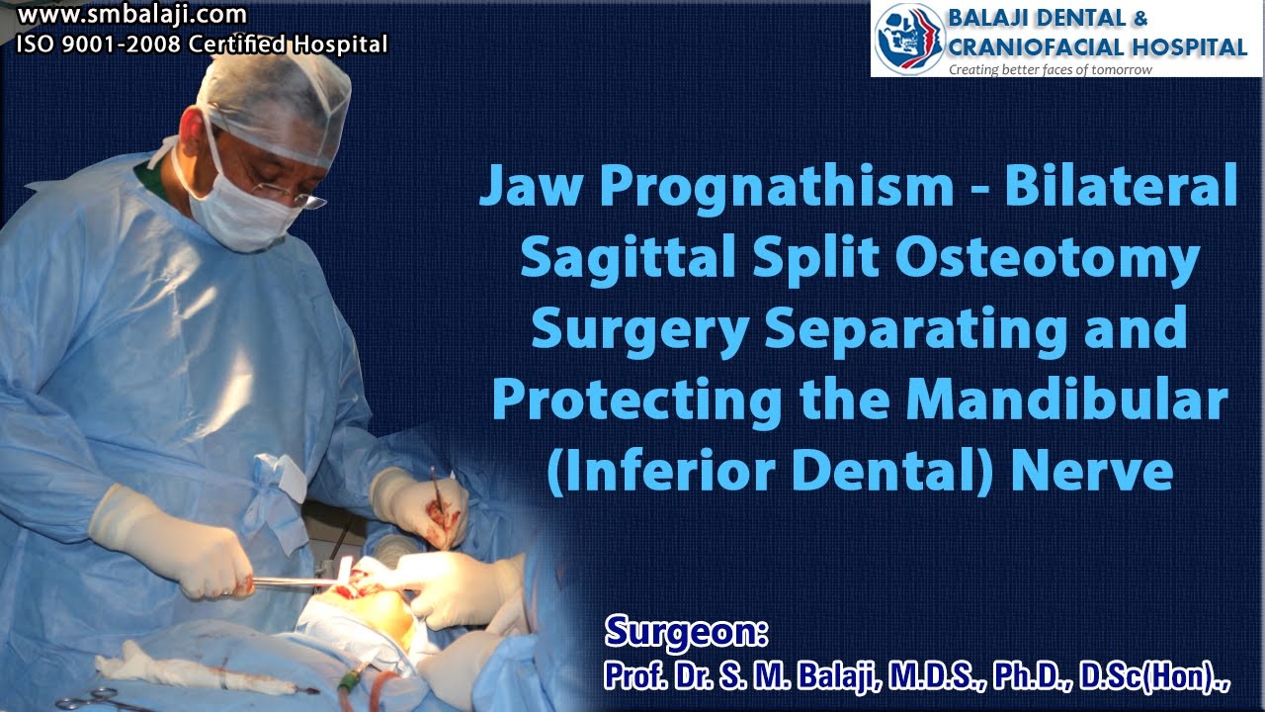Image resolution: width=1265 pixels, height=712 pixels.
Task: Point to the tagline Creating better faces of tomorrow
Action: [1050, 70]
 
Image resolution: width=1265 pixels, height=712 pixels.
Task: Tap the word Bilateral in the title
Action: [1121, 187]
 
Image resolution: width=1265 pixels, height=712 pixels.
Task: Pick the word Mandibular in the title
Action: [1072, 400]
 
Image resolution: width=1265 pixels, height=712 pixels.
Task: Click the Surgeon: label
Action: [687, 630]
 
